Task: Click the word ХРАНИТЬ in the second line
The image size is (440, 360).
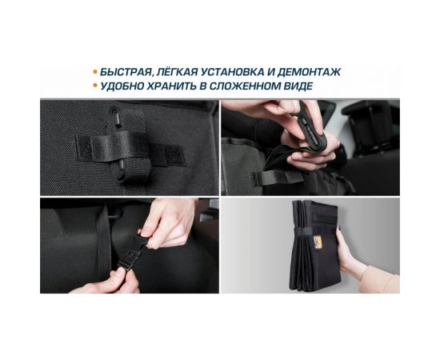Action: coord(178,86)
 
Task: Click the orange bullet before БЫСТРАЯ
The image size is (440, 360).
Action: coord(94,72)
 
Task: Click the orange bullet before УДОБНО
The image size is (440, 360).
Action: coord(94,86)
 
